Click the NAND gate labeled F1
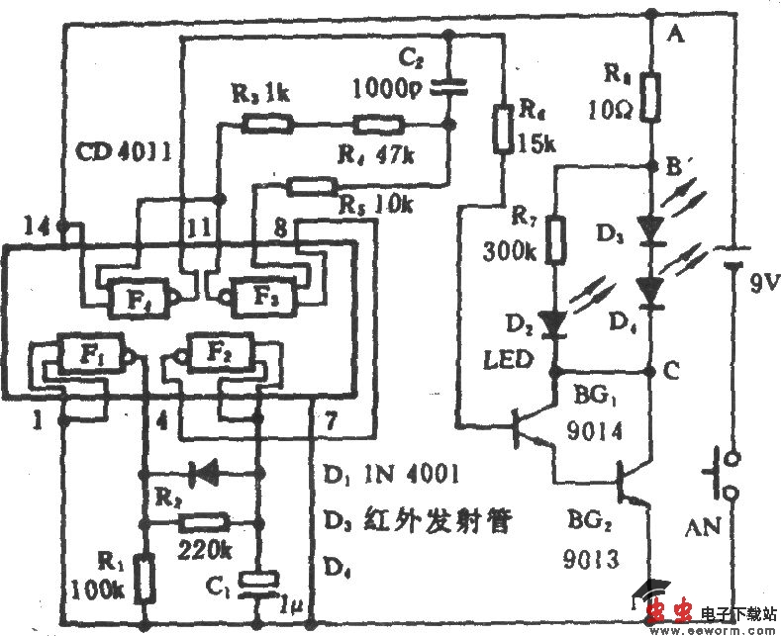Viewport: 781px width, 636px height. pyautogui.click(x=88, y=351)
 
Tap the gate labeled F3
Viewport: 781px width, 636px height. pyautogui.click(x=259, y=294)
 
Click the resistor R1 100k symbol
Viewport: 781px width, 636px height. pyautogui.click(x=144, y=579)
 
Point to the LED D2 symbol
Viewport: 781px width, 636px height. pyautogui.click(x=555, y=322)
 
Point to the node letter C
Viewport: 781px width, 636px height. pyautogui.click(x=674, y=373)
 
